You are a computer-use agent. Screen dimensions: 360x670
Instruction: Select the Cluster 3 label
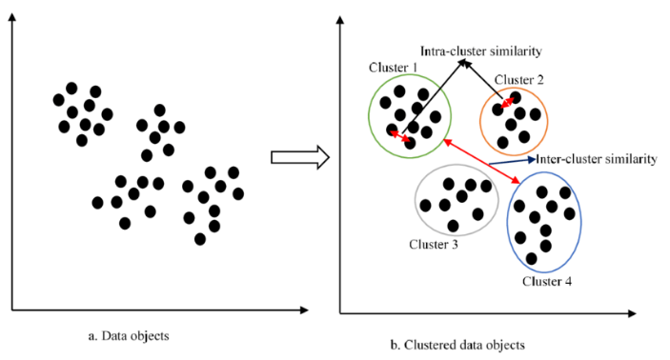(434, 244)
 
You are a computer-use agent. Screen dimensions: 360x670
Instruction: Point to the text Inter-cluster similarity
(598, 159)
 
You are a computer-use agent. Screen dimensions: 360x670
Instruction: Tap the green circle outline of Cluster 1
(370, 115)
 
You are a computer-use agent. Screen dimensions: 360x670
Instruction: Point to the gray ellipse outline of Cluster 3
(416, 201)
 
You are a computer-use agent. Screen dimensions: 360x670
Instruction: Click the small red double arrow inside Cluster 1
(400, 139)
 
